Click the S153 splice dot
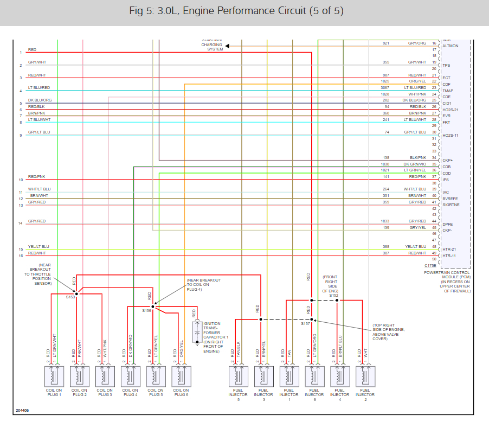[x=76, y=293]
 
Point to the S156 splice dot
[x=152, y=306]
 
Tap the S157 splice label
[x=305, y=324]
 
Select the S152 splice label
[x=334, y=295]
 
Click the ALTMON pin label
[x=451, y=46]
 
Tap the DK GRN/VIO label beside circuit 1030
[x=415, y=164]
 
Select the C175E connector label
[x=430, y=266]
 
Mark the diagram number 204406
[x=22, y=410]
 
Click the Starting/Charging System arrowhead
[x=228, y=46]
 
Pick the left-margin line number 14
[x=20, y=223]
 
